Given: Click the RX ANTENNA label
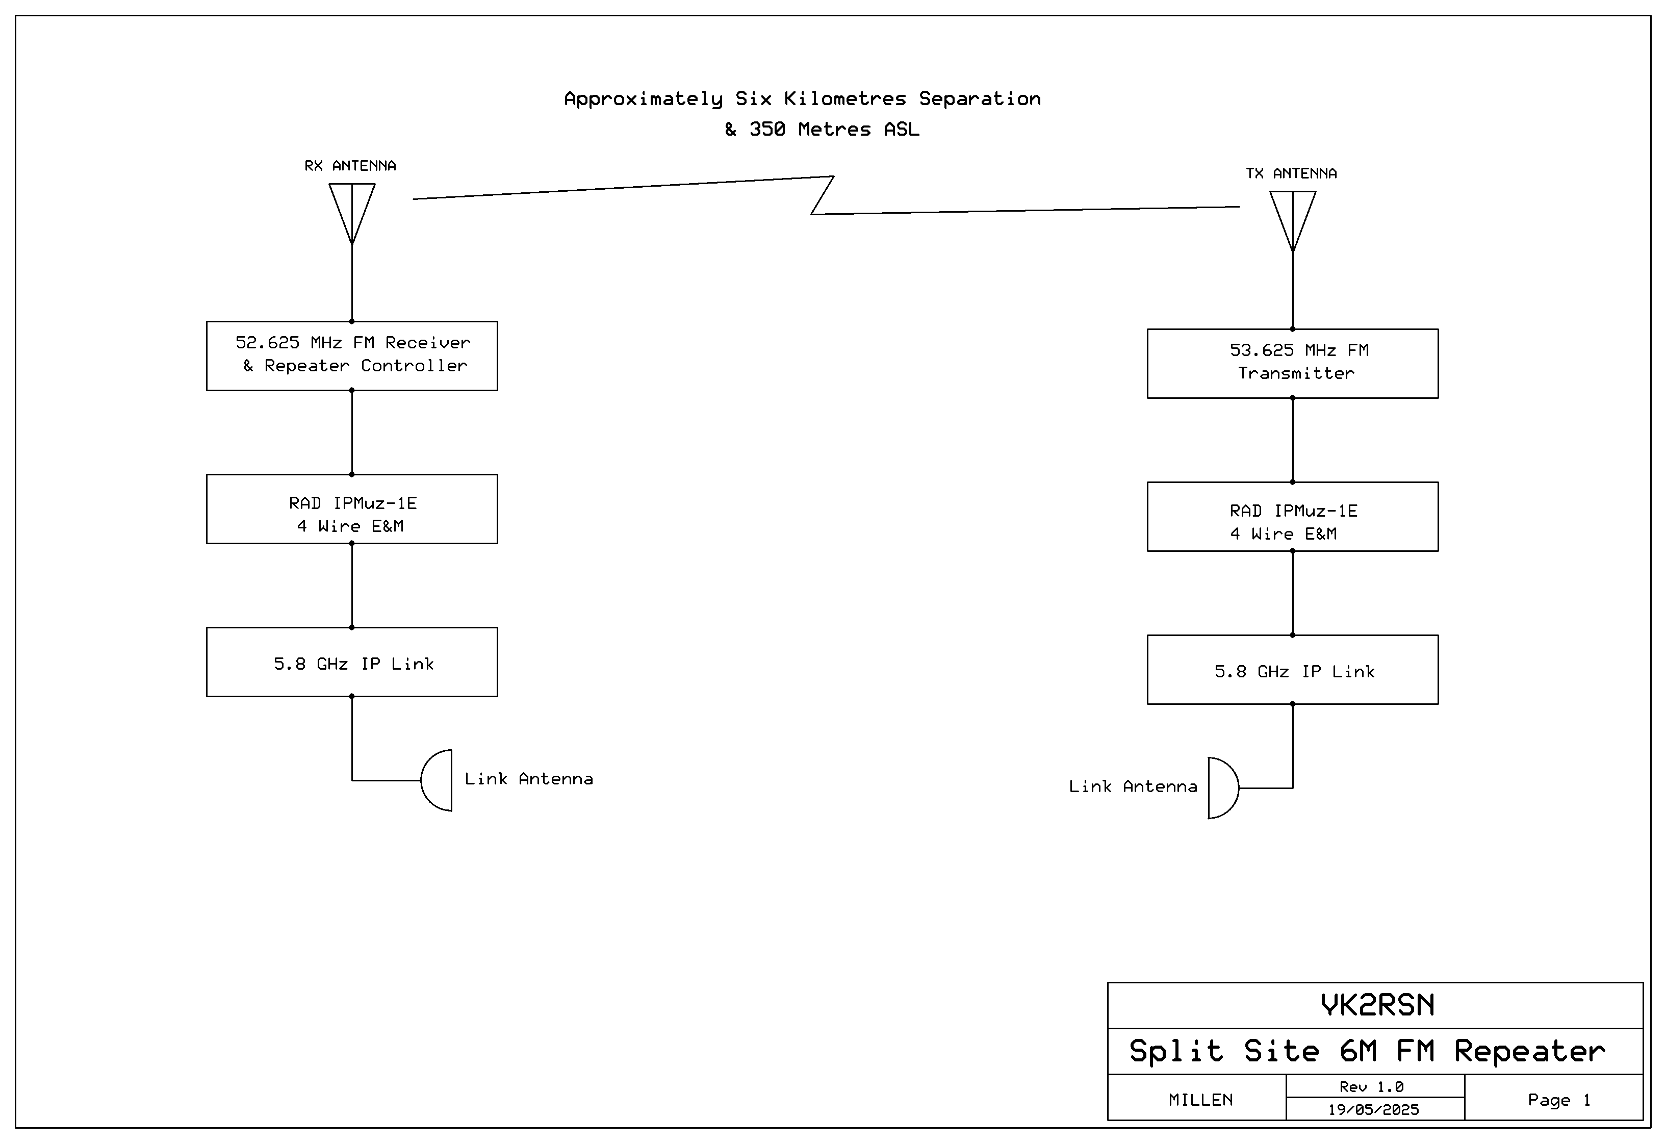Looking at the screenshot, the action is click(x=350, y=166).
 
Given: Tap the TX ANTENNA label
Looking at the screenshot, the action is click(x=1291, y=173).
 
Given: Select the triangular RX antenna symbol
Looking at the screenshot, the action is click(x=352, y=214).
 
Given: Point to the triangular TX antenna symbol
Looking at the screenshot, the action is click(x=1293, y=221).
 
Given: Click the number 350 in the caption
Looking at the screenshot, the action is click(x=767, y=129).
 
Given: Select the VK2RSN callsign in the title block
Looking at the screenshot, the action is click(x=1377, y=1005).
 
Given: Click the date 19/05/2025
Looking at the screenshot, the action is click(x=1373, y=1110).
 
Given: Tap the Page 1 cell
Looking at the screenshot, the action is click(x=1553, y=1098).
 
